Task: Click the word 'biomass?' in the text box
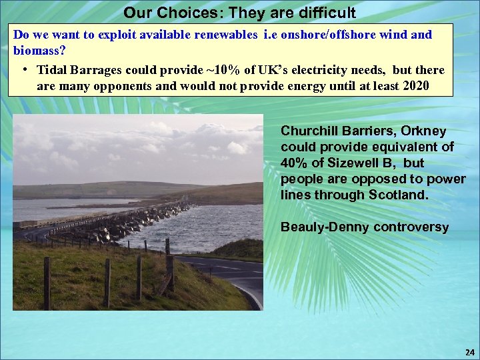(39, 51)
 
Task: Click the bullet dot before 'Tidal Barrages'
(24, 70)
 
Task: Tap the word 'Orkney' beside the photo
(423, 131)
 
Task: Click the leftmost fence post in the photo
(47, 283)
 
